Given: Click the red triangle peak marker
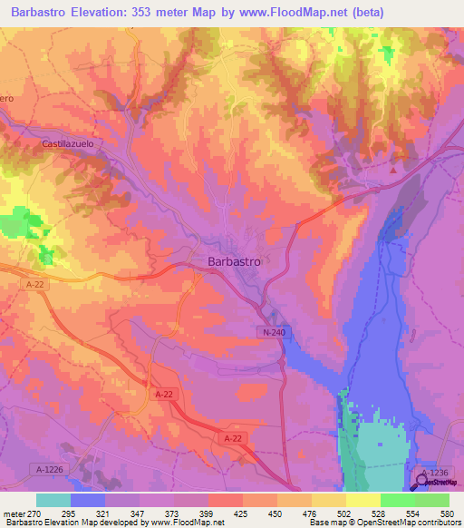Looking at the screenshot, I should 393,169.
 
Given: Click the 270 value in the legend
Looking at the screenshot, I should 38,513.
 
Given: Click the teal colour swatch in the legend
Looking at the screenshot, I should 53,500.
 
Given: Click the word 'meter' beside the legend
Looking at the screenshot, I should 15,513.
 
